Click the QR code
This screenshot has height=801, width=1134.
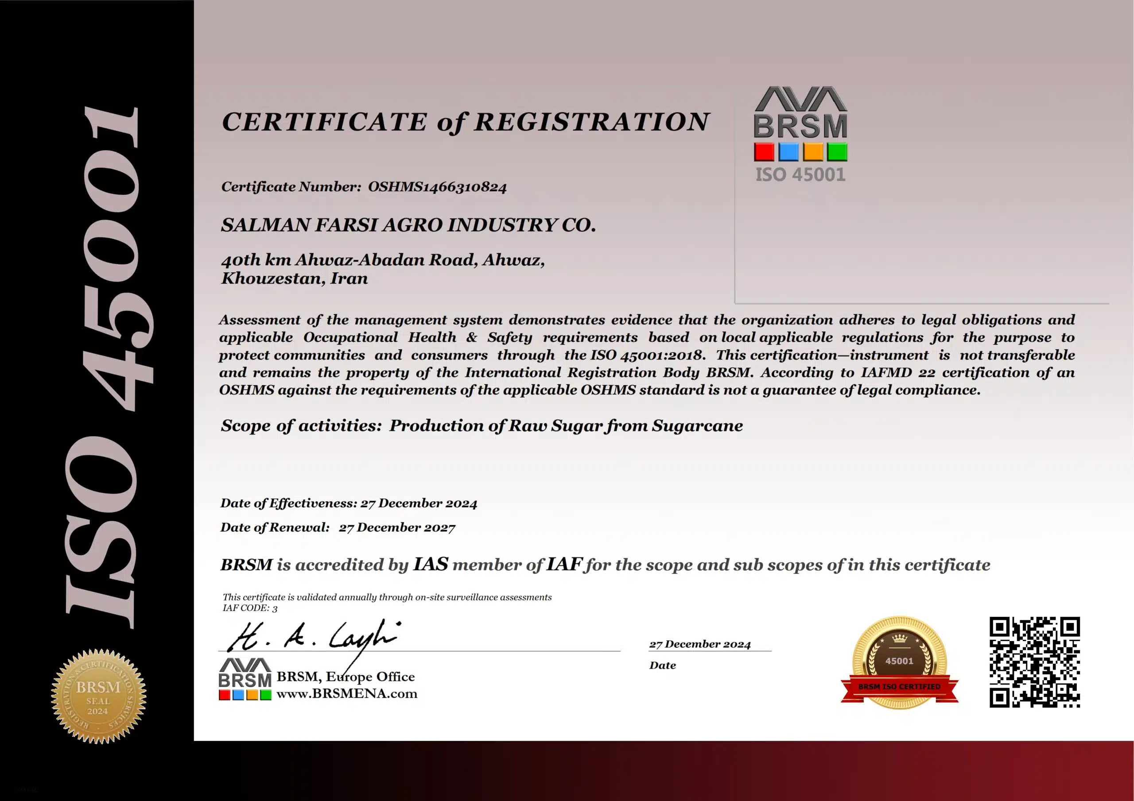click(1034, 662)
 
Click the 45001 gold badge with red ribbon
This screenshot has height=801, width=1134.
click(899, 662)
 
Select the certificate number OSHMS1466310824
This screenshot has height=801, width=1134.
click(437, 187)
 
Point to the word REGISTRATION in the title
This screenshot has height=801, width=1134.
click(592, 122)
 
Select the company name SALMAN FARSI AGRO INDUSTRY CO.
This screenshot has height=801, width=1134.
click(408, 225)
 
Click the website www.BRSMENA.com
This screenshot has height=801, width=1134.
click(347, 694)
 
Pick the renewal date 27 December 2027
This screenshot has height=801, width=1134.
click(397, 527)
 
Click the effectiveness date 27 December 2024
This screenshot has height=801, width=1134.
click(419, 503)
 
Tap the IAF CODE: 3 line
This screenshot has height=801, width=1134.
click(250, 608)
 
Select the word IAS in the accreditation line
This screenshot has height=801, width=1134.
click(430, 564)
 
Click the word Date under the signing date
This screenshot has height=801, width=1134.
click(662, 665)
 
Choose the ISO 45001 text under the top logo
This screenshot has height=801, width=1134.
click(800, 175)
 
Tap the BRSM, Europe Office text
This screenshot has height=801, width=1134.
click(345, 677)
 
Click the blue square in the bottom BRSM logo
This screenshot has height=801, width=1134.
click(238, 695)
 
